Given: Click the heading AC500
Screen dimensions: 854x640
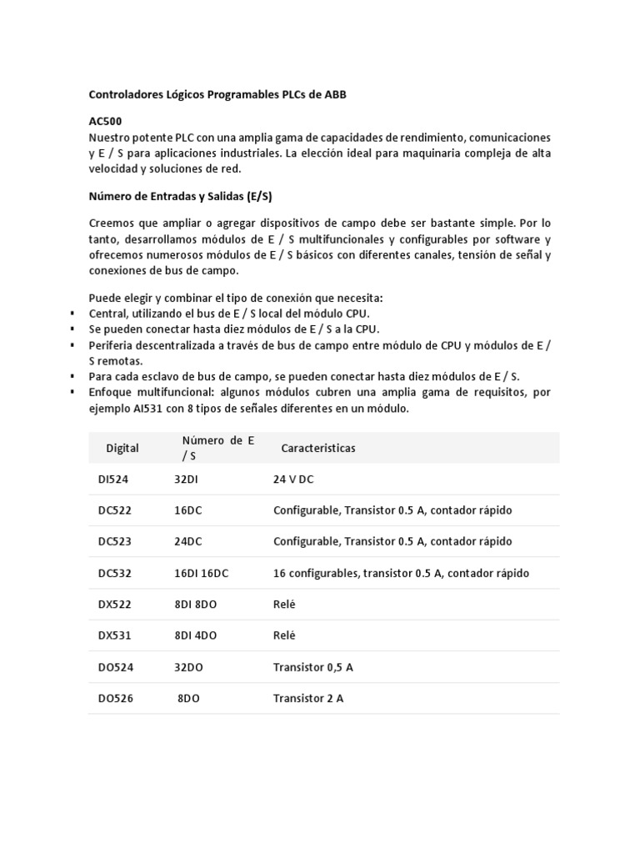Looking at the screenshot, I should (x=106, y=122).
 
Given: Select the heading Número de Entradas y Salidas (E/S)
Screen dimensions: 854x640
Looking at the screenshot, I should (x=181, y=197).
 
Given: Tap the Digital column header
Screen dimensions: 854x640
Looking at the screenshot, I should (x=122, y=448).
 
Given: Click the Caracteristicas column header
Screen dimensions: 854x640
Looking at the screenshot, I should (x=318, y=448).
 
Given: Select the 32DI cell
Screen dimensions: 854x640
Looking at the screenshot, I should (x=187, y=480).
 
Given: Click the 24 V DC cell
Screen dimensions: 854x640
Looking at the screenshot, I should (x=293, y=480).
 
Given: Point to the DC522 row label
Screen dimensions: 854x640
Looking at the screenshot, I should (x=115, y=510).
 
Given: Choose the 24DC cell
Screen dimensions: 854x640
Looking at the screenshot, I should (x=188, y=542).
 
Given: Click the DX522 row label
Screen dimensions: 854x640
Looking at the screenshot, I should (x=115, y=605).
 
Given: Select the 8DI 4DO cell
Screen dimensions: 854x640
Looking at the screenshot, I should (x=196, y=635).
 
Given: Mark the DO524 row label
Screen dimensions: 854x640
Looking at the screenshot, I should (x=115, y=667).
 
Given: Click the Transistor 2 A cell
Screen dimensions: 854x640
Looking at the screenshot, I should (x=308, y=699).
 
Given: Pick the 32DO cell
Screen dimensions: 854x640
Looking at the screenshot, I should (x=188, y=667).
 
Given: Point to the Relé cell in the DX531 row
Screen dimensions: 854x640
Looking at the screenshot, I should (x=285, y=635).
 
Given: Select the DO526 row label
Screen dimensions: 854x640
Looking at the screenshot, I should (x=115, y=699).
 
